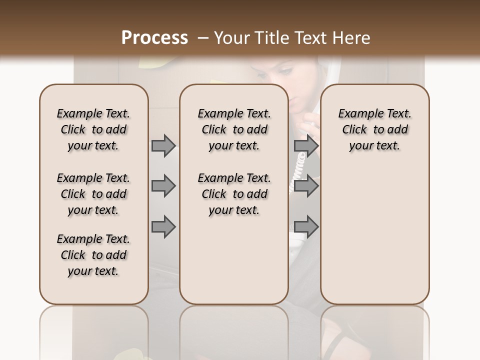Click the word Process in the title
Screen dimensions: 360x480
point(154,38)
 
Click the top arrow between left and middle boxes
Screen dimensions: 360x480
point(163,145)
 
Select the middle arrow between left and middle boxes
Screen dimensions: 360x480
point(163,186)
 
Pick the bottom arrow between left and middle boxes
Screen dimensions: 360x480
point(163,226)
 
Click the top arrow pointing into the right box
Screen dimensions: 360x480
point(306,145)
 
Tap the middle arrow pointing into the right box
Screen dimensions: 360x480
point(306,186)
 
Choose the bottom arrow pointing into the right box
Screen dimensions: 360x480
point(306,226)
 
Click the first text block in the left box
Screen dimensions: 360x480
point(93,129)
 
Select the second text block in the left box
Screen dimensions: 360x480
point(93,194)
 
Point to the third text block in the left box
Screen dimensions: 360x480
point(93,255)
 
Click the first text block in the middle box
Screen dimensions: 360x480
point(234,129)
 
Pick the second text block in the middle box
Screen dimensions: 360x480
point(234,194)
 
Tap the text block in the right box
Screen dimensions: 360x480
point(375,129)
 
